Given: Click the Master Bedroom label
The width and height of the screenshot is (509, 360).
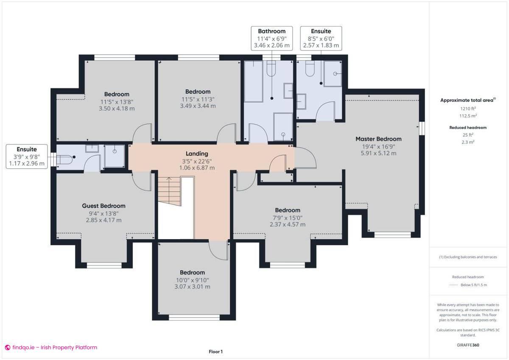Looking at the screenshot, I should (x=378, y=139).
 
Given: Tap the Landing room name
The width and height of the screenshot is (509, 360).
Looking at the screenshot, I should (x=197, y=153).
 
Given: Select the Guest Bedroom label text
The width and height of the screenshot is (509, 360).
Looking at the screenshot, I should (x=103, y=206).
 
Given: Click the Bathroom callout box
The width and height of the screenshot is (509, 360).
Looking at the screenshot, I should (x=271, y=38).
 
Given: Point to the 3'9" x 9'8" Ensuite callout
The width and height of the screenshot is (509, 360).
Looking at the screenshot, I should (x=27, y=156).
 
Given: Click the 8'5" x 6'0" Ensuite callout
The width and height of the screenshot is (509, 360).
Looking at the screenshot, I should (x=321, y=38).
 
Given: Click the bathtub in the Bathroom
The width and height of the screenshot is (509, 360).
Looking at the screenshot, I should (x=254, y=81).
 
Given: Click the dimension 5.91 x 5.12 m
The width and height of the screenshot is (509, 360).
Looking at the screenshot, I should (x=378, y=153).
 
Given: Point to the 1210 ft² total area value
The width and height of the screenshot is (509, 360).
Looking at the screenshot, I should (x=468, y=109).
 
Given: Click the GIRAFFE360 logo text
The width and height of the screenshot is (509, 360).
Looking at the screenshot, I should (x=468, y=345).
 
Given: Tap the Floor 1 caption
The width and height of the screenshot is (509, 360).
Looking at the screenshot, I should (x=215, y=352).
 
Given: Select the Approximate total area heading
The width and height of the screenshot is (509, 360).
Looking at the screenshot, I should (x=468, y=100).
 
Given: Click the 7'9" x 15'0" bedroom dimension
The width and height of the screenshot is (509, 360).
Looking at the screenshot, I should (x=287, y=218).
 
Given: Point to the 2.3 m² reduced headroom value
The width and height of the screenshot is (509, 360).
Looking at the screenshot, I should (x=468, y=142).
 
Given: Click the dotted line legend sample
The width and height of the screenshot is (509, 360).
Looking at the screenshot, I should (x=454, y=285).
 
